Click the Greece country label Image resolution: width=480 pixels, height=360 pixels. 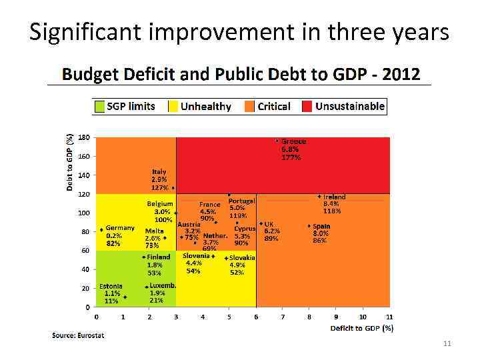293,141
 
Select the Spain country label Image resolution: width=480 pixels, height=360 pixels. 321,226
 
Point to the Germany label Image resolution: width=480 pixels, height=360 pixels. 120,227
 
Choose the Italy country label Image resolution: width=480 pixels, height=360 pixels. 159,171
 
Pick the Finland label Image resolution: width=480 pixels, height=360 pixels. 159,257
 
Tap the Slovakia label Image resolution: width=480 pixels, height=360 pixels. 242,257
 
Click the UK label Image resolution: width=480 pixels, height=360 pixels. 269,224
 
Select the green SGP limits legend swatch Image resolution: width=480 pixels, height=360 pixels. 99,106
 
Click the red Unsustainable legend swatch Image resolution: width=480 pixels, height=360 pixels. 307,106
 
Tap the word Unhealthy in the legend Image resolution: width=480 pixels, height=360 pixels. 205,106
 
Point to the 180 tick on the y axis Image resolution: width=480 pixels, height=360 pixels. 84,137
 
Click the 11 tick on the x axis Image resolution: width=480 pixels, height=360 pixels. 389,317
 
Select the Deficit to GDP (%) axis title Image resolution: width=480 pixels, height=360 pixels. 362,327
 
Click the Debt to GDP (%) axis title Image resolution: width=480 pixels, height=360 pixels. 69,161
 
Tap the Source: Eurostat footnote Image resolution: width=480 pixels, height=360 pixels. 78,335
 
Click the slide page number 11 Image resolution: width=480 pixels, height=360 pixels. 447,343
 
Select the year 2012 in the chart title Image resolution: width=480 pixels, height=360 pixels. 401,73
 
